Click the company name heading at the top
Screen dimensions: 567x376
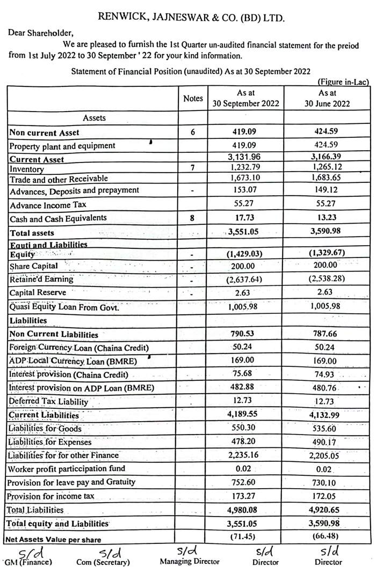point(191,18)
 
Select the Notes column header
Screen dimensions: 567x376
point(193,98)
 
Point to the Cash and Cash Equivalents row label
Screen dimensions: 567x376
point(58,218)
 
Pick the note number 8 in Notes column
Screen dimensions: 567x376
point(193,218)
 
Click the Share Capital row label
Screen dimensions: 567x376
point(34,266)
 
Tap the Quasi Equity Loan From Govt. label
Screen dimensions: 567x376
point(64,307)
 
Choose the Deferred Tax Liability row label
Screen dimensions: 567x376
point(48,401)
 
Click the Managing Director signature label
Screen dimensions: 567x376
point(190,561)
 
